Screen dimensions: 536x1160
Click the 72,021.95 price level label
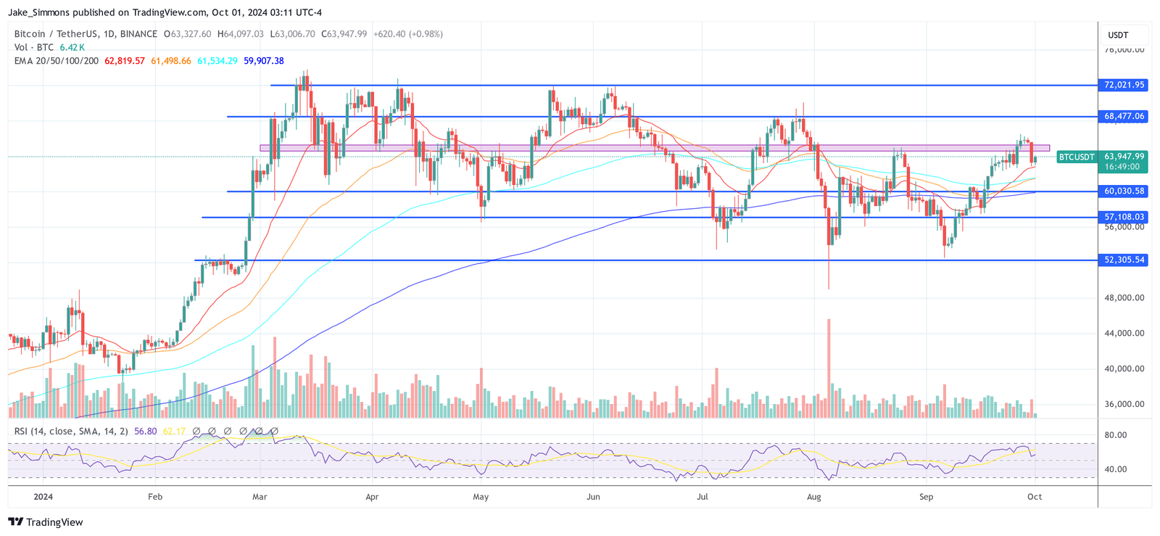[x=1124, y=85]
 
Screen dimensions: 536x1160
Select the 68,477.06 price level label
[x=1124, y=116]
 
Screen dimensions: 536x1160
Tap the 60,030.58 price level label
[x=1124, y=191]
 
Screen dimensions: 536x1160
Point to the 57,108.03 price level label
[x=1124, y=217]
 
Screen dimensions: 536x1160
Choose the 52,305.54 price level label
[x=1124, y=260]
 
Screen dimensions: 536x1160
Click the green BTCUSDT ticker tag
[x=1076, y=157]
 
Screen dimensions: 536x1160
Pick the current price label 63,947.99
[x=1124, y=156]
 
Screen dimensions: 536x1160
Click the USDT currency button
[x=1118, y=35]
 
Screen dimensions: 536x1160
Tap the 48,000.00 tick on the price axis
[x=1124, y=297]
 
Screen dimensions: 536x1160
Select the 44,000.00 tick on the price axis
[x=1124, y=333]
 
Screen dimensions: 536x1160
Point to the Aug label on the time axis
[x=813, y=497]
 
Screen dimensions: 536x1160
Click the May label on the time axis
[x=480, y=497]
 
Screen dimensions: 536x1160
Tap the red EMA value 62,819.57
[x=125, y=61]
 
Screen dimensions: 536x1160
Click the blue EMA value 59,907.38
[x=264, y=61]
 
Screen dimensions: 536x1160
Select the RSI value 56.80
[x=146, y=431]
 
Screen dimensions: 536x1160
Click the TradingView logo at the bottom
[x=46, y=522]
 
